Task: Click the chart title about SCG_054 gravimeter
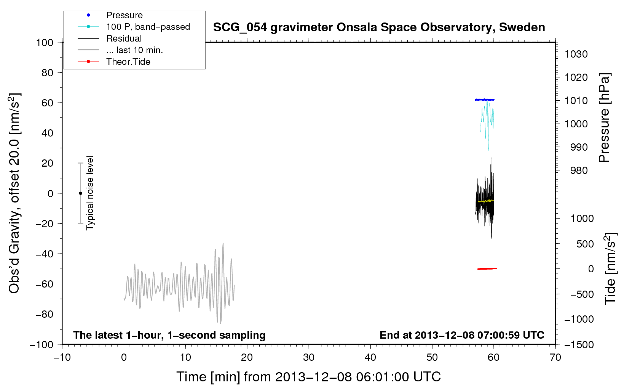tap(379, 27)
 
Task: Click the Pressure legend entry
tap(124, 15)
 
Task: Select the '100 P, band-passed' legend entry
tap(148, 27)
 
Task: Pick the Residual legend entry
tap(124, 39)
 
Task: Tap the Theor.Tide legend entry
tap(128, 62)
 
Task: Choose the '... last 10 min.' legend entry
tap(134, 50)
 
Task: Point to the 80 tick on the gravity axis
tap(47, 73)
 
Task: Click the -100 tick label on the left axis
tap(41, 345)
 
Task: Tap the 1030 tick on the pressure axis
tap(576, 54)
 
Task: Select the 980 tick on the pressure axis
tap(579, 170)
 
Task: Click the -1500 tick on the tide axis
tap(579, 345)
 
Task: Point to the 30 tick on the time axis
tap(309, 357)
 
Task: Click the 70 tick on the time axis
tap(555, 357)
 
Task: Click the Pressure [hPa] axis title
tap(604, 118)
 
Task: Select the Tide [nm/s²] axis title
tap(610, 268)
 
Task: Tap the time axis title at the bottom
tap(309, 377)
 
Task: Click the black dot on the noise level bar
tap(80, 193)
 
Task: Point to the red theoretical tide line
tap(487, 268)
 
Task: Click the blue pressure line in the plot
tap(484, 100)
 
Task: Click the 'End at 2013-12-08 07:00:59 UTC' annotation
tap(462, 335)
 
